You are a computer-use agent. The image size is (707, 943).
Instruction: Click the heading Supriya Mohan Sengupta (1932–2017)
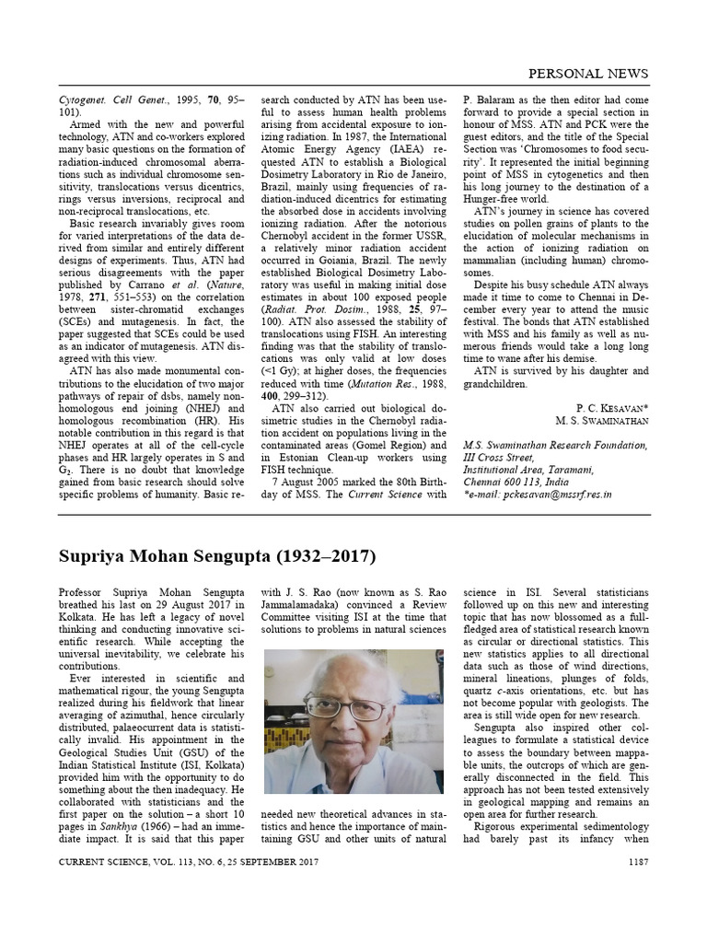[x=217, y=557]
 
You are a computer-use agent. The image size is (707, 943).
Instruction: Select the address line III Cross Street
[x=498, y=457]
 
